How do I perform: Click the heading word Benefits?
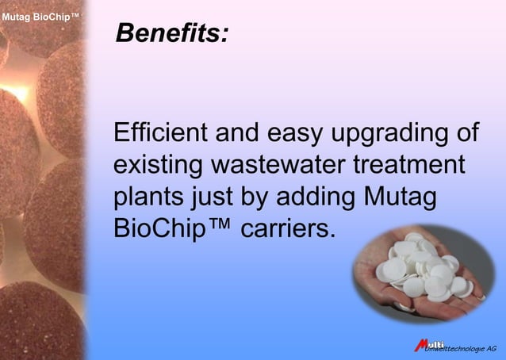coord(172,33)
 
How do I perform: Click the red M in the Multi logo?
coord(421,344)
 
